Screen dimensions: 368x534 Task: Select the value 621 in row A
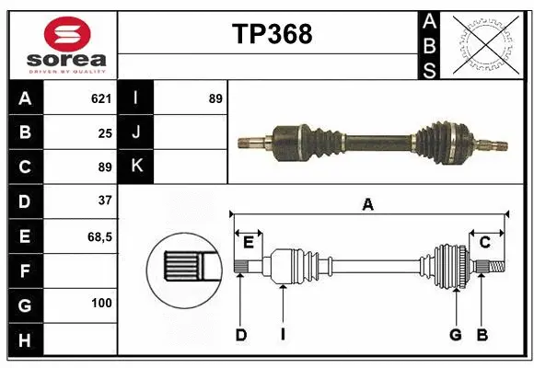(100, 98)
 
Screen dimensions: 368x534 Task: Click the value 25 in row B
(104, 132)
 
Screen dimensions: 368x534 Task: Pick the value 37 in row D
(104, 201)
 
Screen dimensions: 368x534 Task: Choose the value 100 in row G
(100, 304)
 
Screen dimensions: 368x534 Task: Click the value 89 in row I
(215, 98)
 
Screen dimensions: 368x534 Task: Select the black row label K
(136, 167)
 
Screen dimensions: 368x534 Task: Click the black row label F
(25, 270)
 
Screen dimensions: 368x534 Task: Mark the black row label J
(136, 132)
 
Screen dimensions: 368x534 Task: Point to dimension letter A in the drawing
(368, 204)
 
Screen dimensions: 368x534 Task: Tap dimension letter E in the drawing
(249, 242)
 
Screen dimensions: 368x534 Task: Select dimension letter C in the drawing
(484, 242)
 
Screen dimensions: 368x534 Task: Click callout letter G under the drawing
(455, 335)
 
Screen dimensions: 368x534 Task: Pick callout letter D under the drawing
(240, 335)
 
